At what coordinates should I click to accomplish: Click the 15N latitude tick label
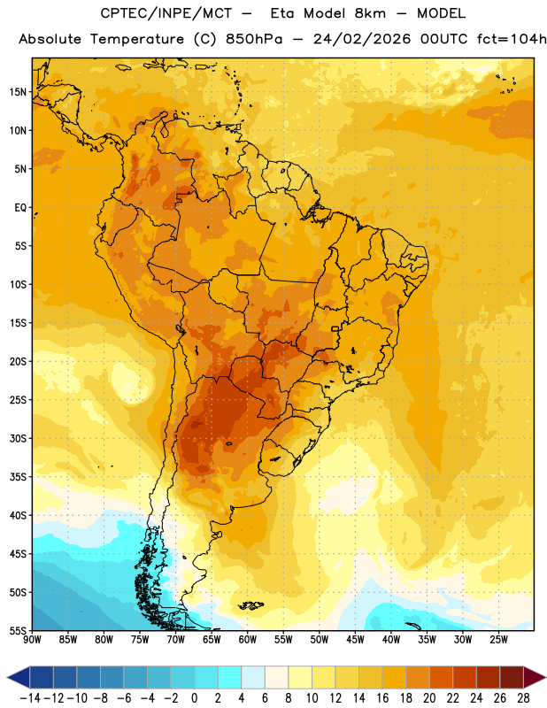tap(18, 92)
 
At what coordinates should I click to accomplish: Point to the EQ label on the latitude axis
tap(20, 208)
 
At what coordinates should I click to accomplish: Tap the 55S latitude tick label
tap(18, 630)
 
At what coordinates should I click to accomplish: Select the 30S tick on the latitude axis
tap(18, 438)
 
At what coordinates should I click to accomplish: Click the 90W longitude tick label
tap(32, 639)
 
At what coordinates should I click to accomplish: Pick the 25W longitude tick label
tap(498, 639)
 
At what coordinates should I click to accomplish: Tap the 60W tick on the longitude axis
tap(248, 639)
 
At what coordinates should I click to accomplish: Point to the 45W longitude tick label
tap(355, 639)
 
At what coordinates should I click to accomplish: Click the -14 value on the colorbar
tap(30, 698)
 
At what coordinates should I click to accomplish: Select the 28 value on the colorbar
tap(523, 698)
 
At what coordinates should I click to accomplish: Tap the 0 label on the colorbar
tap(194, 698)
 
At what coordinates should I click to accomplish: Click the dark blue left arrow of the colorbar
tap(19, 677)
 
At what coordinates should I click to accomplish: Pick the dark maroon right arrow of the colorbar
tap(535, 677)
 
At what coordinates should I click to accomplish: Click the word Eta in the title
tap(281, 13)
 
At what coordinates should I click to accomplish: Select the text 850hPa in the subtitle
tap(254, 39)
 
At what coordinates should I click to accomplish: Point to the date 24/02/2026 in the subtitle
tap(362, 39)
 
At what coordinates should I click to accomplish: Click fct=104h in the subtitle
tap(512, 39)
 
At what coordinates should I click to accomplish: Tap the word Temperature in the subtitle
tap(137, 39)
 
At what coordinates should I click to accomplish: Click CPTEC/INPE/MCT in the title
tap(166, 13)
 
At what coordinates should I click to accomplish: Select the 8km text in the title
tap(370, 13)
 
